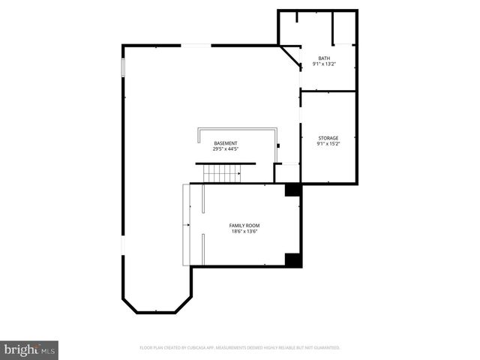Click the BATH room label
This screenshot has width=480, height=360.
(x=324, y=58)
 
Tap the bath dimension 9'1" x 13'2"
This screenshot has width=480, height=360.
(x=324, y=64)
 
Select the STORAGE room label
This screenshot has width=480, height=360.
(x=328, y=138)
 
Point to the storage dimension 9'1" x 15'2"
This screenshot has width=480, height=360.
(x=328, y=144)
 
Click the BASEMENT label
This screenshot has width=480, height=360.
(x=226, y=143)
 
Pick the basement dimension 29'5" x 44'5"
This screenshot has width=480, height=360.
(x=226, y=149)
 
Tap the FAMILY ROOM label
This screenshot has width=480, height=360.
(x=245, y=225)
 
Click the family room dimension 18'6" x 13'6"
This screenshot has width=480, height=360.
(x=245, y=232)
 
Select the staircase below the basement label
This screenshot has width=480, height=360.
(x=222, y=174)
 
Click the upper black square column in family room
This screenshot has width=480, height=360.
(x=292, y=190)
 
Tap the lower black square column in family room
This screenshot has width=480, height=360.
(x=292, y=259)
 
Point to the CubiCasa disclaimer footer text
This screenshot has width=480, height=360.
(x=240, y=348)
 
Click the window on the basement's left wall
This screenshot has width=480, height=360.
(x=123, y=67)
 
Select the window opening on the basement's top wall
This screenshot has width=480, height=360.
(x=197, y=46)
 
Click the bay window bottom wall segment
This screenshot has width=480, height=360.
(x=155, y=312)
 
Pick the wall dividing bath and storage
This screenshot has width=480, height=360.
(x=328, y=91)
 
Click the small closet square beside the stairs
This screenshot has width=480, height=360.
(x=286, y=173)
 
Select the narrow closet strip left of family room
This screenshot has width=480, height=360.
(x=187, y=225)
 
